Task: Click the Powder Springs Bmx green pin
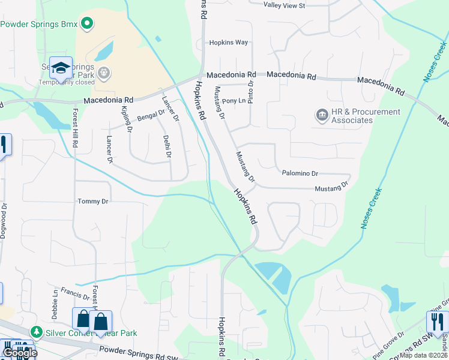[87, 24]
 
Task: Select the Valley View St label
[285, 5]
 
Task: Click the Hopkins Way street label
[228, 43]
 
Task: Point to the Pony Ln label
[234, 101]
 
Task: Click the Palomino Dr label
[300, 173]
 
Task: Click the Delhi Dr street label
[167, 146]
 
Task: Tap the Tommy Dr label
[92, 202]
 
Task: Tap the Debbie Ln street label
[55, 300]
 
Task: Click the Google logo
[19, 353]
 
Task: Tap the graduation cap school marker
[61, 68]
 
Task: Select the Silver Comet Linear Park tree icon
[37, 332]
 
